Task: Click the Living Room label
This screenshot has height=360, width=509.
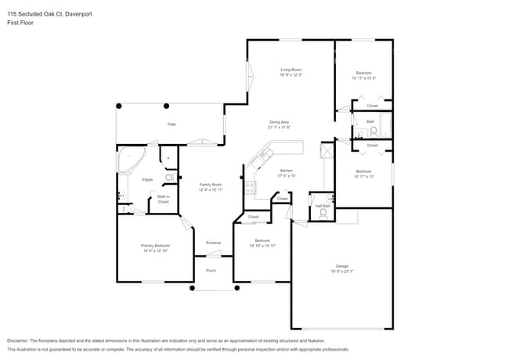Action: [x=291, y=70]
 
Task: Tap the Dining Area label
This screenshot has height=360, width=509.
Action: [x=280, y=122]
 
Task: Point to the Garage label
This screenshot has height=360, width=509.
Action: [x=343, y=268]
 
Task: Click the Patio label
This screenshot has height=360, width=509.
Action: [x=171, y=124]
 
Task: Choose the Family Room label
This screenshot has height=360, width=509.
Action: [x=211, y=185]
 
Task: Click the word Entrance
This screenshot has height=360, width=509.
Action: [x=213, y=243]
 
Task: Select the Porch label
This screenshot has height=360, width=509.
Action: [x=211, y=270]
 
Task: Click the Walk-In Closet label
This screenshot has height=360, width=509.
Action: [x=163, y=199]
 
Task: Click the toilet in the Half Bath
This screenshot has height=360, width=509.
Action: [x=323, y=211]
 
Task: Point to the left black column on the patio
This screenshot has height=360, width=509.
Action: [x=120, y=105]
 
